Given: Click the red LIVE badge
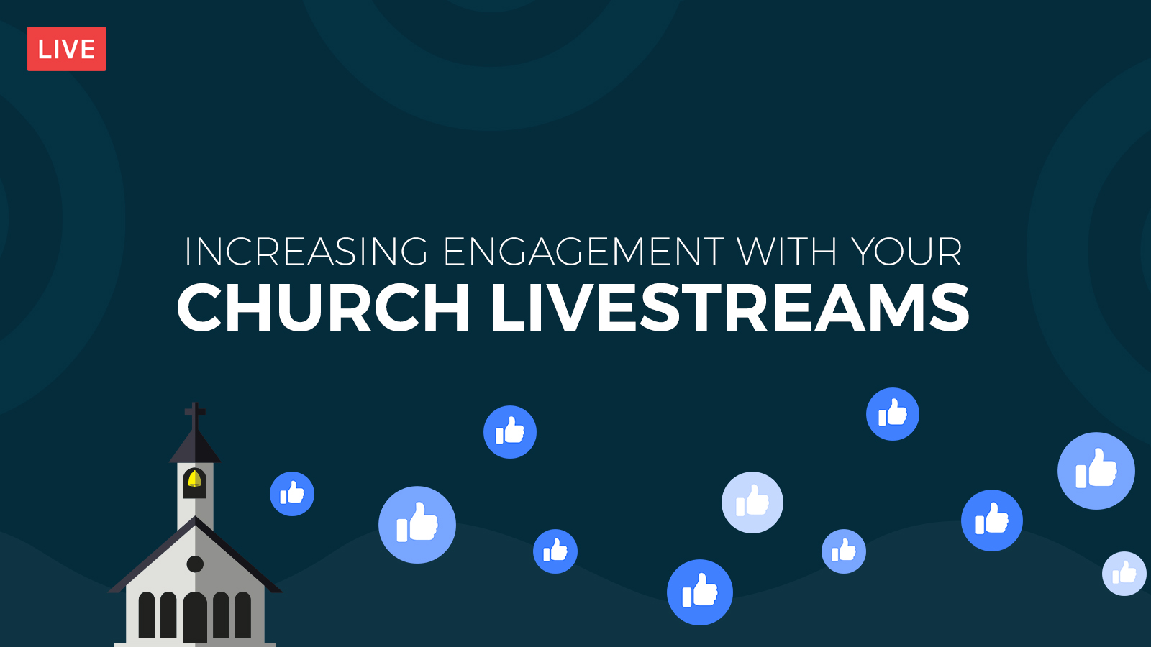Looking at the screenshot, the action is point(66,49).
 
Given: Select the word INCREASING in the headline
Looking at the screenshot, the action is point(306,252).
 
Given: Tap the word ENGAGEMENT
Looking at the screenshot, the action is point(583,252).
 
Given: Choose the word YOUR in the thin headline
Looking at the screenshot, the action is point(906,252).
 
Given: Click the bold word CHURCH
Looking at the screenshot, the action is point(323,308).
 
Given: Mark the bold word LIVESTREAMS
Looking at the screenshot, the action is point(730,308).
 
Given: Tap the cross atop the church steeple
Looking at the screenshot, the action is point(195,416).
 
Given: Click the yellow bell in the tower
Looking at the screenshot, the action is point(195,479).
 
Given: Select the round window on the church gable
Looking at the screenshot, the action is point(195,564).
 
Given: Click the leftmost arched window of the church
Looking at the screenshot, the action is point(147,615).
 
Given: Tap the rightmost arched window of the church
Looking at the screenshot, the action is point(243,615).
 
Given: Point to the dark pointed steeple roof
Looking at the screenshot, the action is point(195,446).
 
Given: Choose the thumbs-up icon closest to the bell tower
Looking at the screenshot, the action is point(292,494).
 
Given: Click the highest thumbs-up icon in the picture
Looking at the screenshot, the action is point(893,414).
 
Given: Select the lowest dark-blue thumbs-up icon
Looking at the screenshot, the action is point(700,592).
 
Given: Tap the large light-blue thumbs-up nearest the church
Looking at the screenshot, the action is point(417,525).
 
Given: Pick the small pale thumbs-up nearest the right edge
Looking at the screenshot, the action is point(1124,574).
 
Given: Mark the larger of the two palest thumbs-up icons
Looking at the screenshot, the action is point(752,503).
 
